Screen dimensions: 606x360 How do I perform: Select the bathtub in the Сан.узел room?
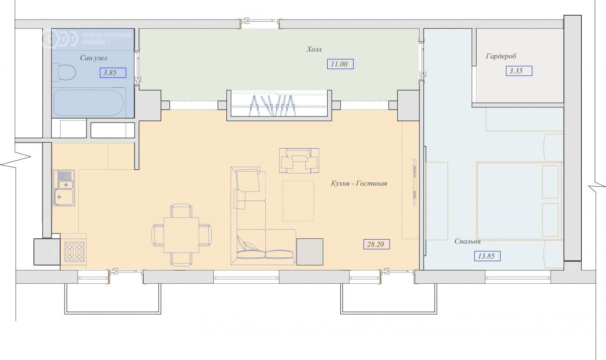pyautogui.click(x=89, y=103)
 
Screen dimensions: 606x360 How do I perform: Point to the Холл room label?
pyautogui.click(x=314, y=49)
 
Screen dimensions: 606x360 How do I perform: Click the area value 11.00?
pyautogui.click(x=340, y=64)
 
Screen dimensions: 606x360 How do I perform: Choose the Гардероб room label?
pyautogui.click(x=501, y=56)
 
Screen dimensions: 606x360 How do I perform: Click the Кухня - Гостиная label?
pyautogui.click(x=359, y=184)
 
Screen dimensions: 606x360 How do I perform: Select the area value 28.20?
pyautogui.click(x=376, y=244)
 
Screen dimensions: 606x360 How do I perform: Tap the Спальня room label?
pyautogui.click(x=467, y=241)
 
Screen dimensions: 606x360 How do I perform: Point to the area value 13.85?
pyautogui.click(x=487, y=256)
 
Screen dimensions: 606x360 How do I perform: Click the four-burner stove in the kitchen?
pyautogui.click(x=74, y=252)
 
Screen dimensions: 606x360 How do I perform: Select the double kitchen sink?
pyautogui.click(x=64, y=188)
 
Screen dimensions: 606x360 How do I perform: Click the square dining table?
pyautogui.click(x=181, y=235)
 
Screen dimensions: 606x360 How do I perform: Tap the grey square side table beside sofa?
pyautogui.click(x=310, y=252)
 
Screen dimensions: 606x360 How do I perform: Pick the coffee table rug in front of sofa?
pyautogui.click(x=298, y=201)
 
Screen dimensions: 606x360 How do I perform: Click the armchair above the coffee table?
pyautogui.click(x=299, y=161)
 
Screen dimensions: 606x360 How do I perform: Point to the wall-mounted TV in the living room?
pyautogui.click(x=415, y=182)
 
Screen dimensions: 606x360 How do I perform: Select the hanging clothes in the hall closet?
pyautogui.click(x=273, y=106)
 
